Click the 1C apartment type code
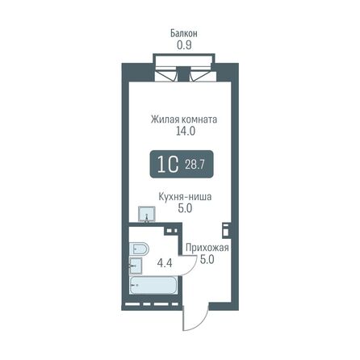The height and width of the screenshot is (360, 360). click(x=167, y=165)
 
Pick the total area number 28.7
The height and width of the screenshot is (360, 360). click(x=196, y=165)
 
